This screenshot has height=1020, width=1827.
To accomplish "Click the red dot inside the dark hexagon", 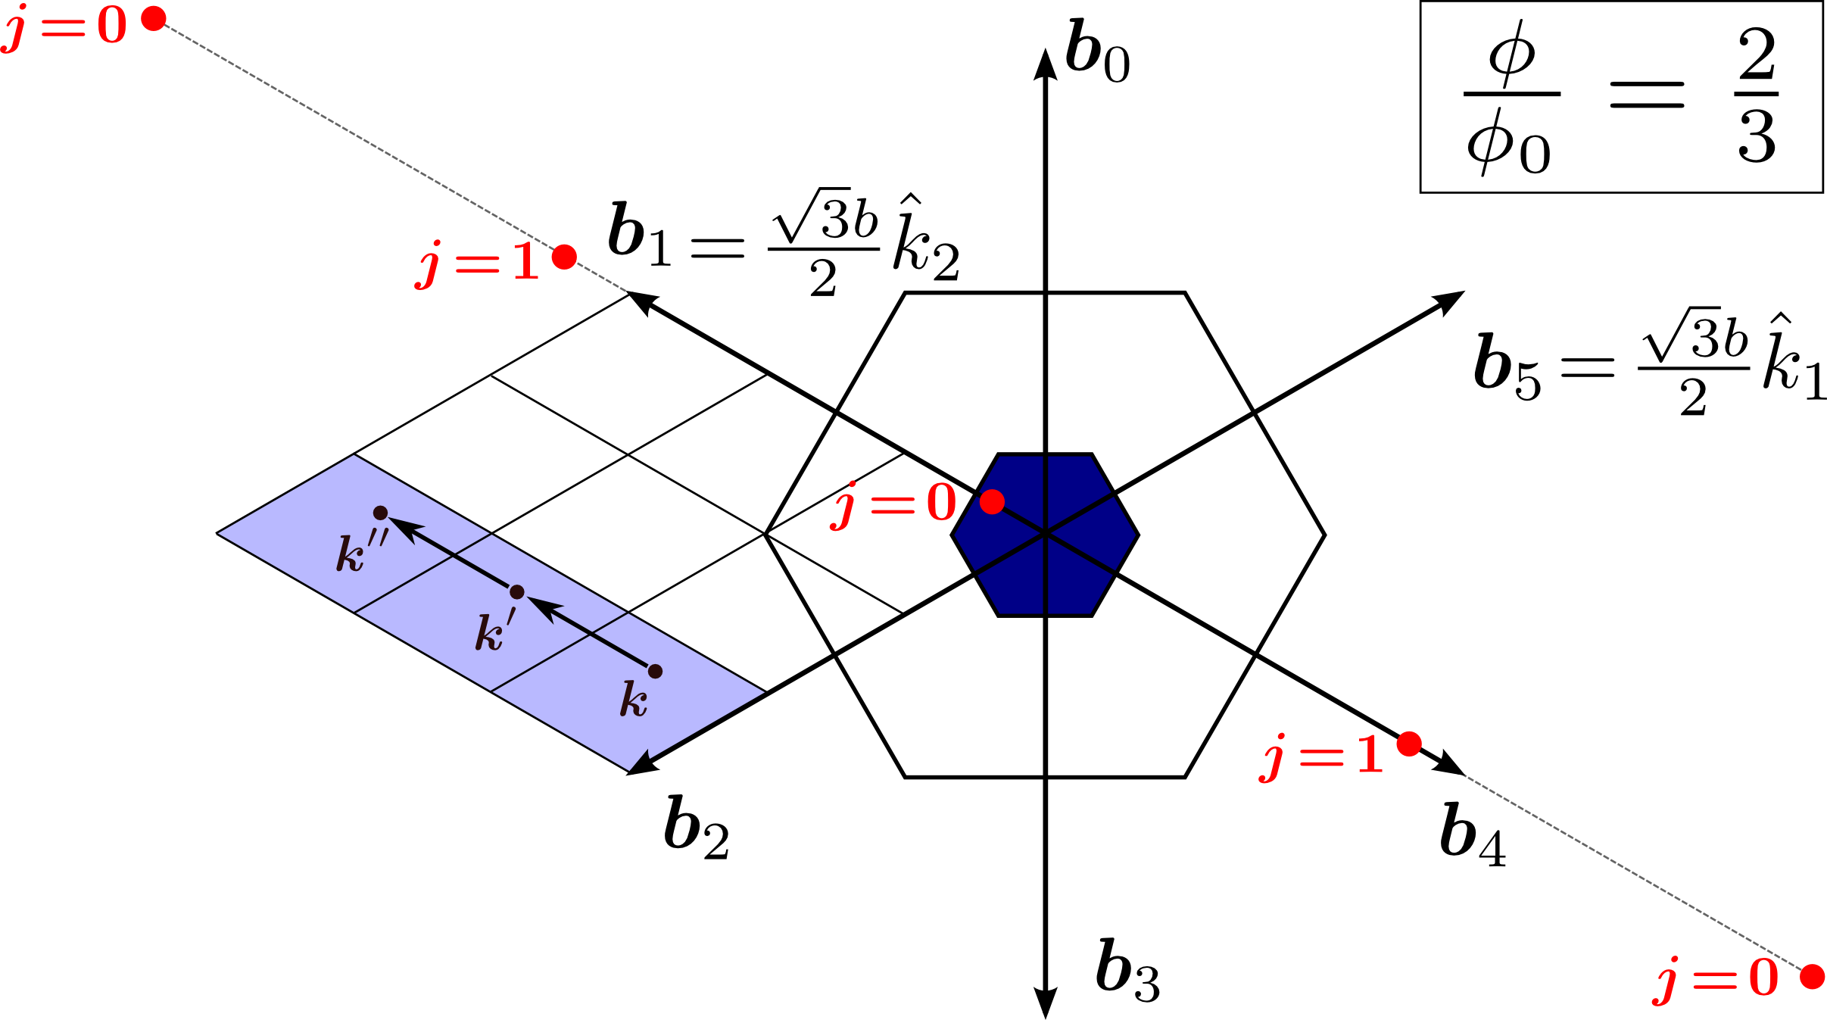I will pos(992,501).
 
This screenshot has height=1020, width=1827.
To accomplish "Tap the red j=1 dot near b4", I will pos(1409,744).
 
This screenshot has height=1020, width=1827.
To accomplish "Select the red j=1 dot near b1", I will pos(564,257).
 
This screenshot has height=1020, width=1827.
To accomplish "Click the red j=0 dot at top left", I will pos(154,19).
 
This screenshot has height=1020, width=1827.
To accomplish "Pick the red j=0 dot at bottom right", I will pos(1812,977).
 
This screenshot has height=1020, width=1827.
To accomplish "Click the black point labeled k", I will pos(656,671).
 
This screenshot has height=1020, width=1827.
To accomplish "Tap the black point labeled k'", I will pos(517,591).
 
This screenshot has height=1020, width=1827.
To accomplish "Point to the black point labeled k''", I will pos(380,513).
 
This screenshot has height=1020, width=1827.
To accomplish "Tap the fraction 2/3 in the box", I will pos(1757,96).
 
